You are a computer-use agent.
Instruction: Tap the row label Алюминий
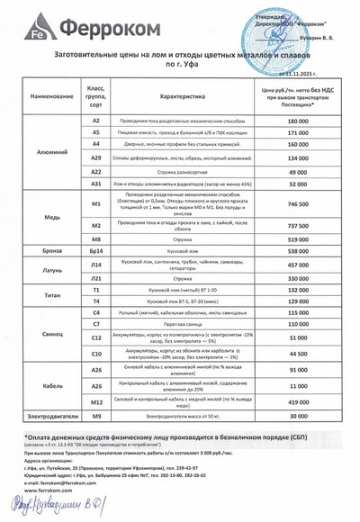[x=43, y=154]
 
